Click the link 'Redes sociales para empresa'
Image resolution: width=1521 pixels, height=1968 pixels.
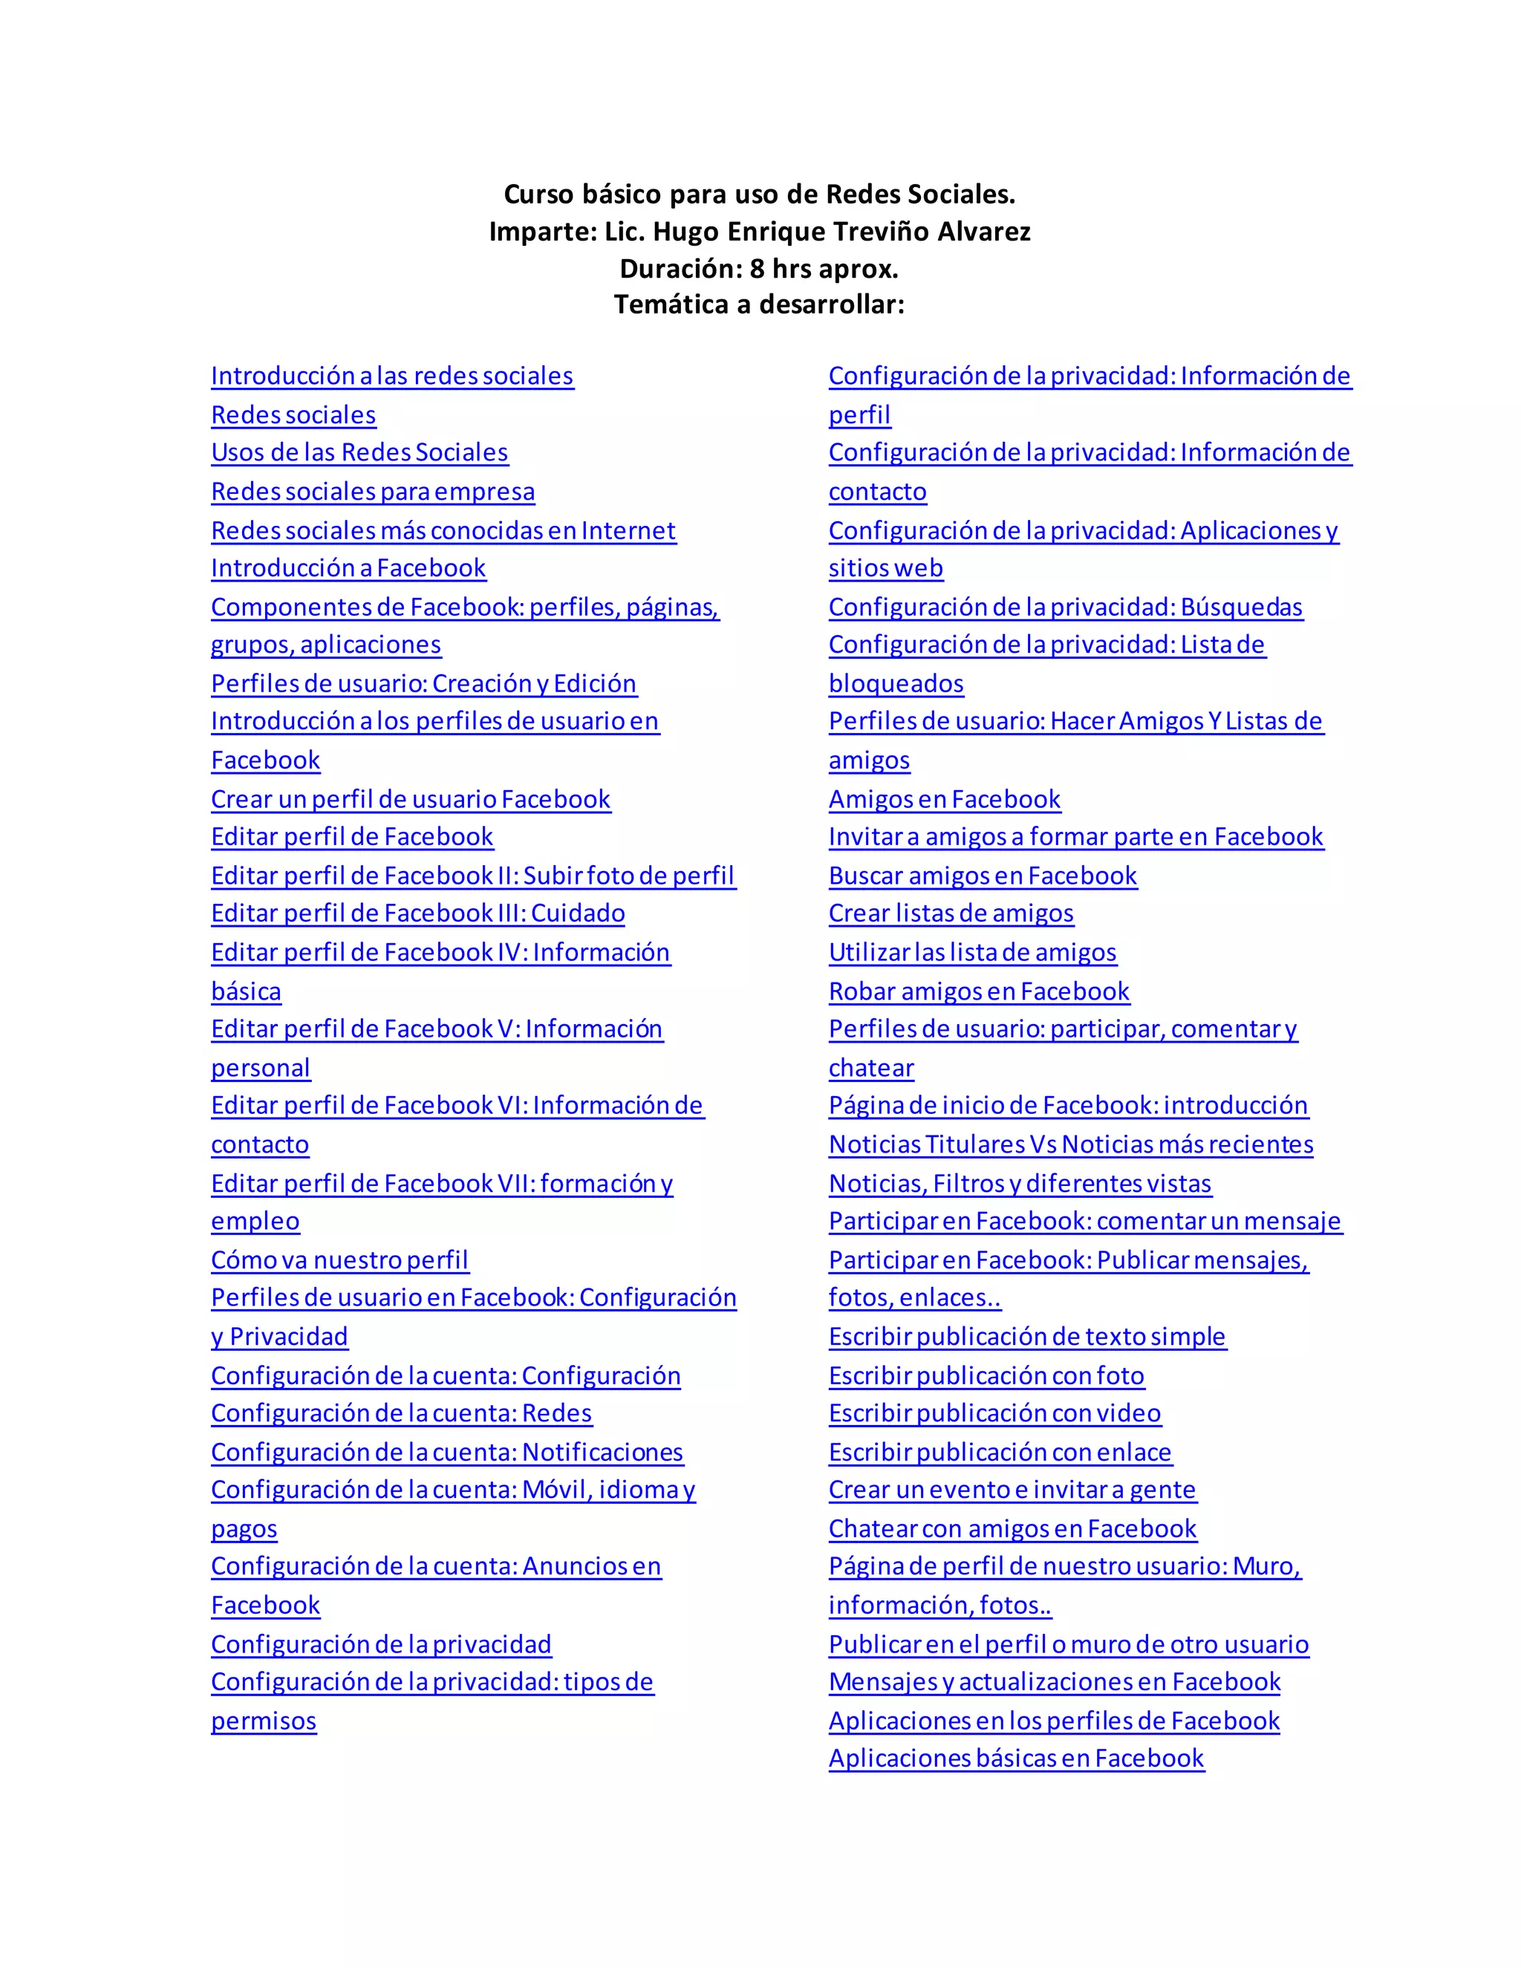click(372, 491)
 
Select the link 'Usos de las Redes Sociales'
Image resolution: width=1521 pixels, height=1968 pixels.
click(359, 452)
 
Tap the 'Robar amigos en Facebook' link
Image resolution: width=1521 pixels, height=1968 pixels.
click(979, 991)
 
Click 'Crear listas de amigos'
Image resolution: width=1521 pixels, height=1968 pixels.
click(951, 913)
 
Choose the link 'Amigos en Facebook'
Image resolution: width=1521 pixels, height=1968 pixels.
click(945, 799)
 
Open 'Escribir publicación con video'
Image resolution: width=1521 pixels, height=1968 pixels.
click(994, 1413)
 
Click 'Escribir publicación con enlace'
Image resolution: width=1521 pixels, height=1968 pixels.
click(1000, 1452)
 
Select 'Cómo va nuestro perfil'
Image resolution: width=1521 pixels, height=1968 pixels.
click(339, 1260)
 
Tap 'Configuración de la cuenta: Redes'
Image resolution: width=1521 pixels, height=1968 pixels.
click(401, 1413)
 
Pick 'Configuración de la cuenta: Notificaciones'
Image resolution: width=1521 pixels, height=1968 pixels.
click(447, 1452)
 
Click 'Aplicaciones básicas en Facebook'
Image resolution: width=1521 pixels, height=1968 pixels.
click(1017, 1758)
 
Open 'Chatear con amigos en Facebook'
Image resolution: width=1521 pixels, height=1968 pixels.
click(1012, 1528)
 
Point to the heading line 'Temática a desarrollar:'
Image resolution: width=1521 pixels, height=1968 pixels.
click(760, 304)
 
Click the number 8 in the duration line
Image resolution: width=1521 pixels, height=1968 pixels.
click(757, 269)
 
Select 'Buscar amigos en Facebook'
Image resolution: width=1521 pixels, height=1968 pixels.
click(982, 876)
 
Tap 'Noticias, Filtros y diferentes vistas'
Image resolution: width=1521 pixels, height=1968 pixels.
click(1020, 1183)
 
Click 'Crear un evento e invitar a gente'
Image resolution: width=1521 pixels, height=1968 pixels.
click(1012, 1490)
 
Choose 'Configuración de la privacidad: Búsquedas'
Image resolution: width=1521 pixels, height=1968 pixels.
click(1065, 607)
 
